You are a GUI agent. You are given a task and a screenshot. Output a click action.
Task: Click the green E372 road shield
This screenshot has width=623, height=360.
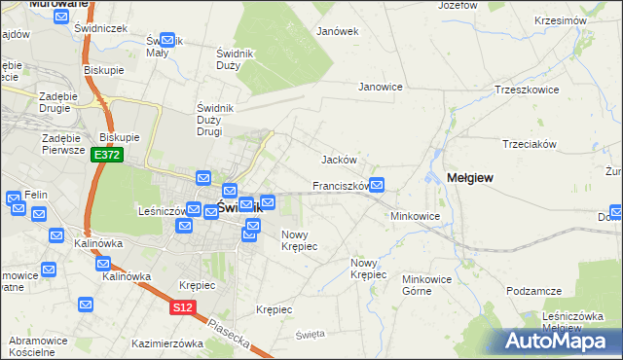(x=106, y=156)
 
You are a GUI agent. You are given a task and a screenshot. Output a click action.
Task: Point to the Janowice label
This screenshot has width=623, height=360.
(x=381, y=87)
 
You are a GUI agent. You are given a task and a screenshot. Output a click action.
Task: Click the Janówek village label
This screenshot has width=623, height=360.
(x=338, y=31)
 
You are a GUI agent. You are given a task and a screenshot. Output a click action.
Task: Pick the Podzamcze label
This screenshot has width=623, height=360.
(x=535, y=291)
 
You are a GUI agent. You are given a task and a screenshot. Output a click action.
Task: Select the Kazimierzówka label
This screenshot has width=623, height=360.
(x=166, y=343)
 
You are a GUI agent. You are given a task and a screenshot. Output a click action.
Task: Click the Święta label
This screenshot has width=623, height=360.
(x=310, y=334)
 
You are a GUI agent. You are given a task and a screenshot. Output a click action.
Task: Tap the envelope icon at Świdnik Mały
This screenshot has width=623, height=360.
(x=166, y=41)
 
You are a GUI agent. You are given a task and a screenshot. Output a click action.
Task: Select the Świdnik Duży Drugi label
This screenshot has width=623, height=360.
(x=210, y=119)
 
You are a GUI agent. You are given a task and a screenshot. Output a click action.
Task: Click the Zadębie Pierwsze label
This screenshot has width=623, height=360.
(x=55, y=145)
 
